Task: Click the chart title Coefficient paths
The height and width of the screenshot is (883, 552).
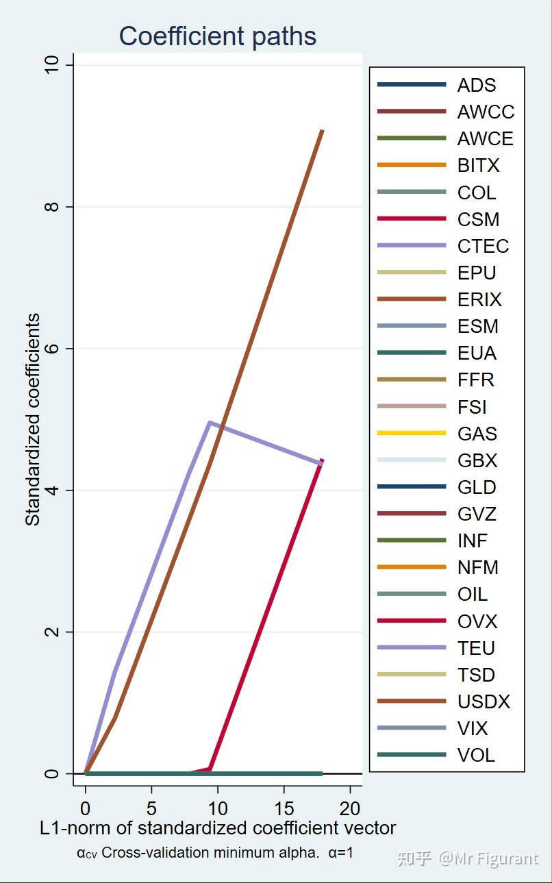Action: (x=218, y=36)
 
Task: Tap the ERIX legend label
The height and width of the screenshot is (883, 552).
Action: (x=479, y=299)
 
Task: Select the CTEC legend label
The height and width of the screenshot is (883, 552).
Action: (x=483, y=246)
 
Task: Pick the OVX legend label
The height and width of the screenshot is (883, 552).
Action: (x=477, y=621)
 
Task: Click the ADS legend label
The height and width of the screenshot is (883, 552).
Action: (x=477, y=85)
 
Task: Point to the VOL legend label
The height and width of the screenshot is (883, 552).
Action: (x=476, y=756)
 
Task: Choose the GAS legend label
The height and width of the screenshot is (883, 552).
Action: (x=477, y=434)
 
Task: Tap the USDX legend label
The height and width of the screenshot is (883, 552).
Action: (x=484, y=701)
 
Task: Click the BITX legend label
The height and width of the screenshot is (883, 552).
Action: (x=479, y=165)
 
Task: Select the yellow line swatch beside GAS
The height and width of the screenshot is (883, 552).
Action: (x=411, y=433)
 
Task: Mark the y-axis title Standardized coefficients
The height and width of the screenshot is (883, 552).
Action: (x=33, y=419)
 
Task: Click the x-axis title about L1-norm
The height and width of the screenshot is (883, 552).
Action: (x=218, y=828)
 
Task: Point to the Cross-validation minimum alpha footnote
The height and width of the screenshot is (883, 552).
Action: (x=215, y=854)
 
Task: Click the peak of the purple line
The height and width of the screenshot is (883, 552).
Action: (x=209, y=423)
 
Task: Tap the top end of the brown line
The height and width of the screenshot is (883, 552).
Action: (x=322, y=130)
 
